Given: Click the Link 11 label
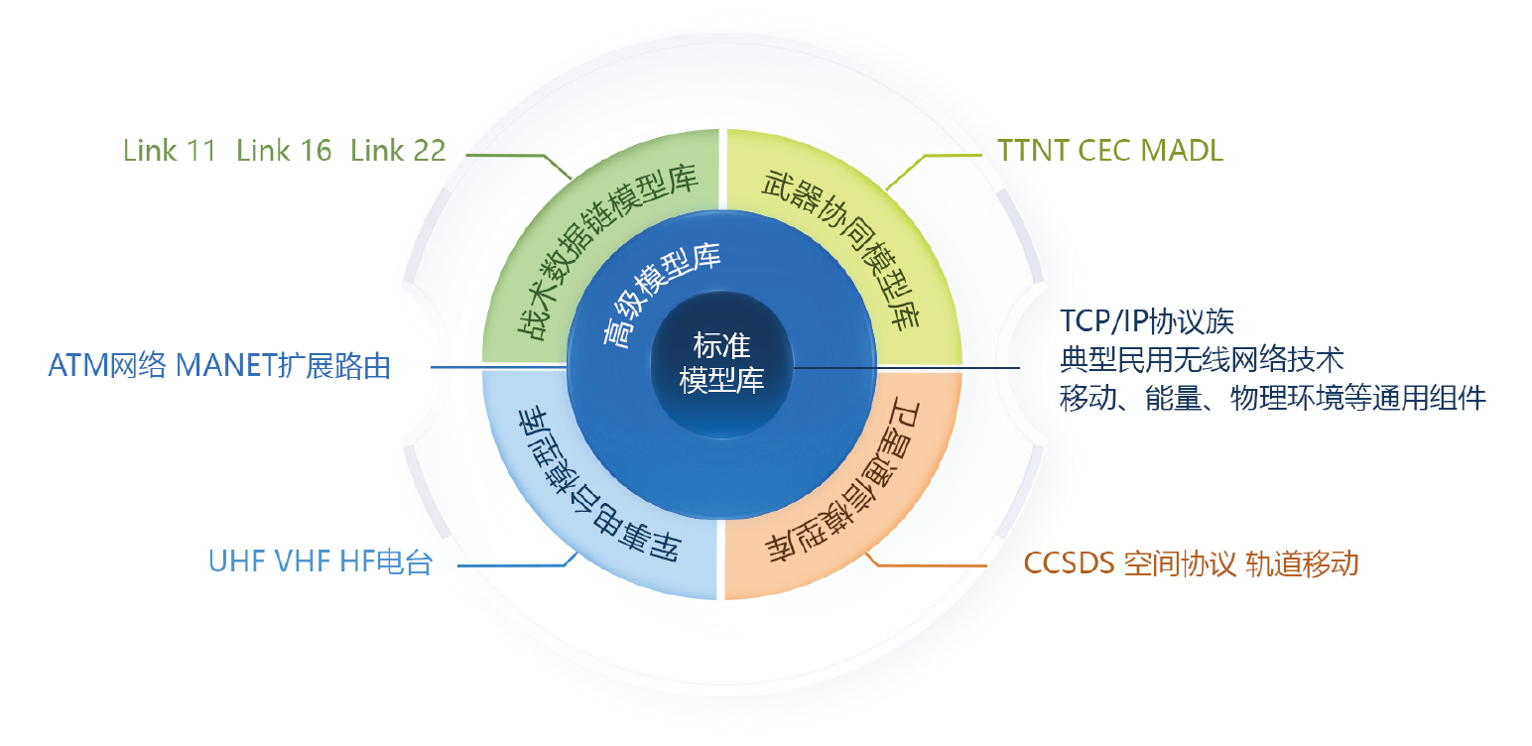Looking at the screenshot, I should [x=170, y=151].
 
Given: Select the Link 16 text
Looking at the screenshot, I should [x=284, y=151].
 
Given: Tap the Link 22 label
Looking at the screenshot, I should [x=398, y=151].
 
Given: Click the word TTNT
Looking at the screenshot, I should [x=1032, y=151].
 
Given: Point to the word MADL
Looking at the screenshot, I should [x=1182, y=151].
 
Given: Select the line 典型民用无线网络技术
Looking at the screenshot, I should [x=1202, y=359].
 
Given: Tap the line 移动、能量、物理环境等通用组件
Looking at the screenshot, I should [x=1273, y=398].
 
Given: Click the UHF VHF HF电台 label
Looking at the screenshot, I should [x=320, y=562].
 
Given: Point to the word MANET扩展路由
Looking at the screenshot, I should [x=283, y=366].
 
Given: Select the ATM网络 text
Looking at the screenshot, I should [x=107, y=366].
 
